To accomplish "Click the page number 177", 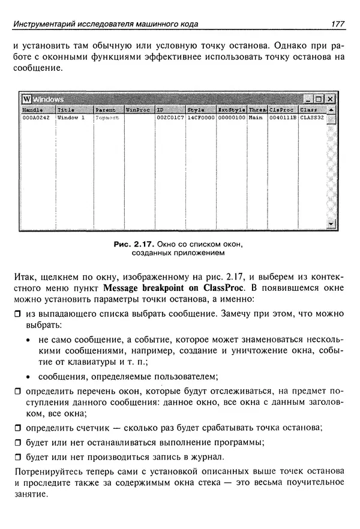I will pos(337,23).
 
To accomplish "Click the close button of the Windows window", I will pos(330,99).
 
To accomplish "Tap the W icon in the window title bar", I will pos(26,99).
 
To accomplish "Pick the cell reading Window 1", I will pos(70,118).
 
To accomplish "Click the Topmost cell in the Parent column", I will pos(107,118).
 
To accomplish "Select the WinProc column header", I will pos(137,110).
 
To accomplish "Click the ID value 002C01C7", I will pos(170,118).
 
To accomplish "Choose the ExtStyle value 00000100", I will pos(231,118).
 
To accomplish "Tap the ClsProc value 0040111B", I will pos(283,118).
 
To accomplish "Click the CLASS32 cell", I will pos(311,118).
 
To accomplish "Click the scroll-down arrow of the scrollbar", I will pos(330,224).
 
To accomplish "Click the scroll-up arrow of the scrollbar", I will pos(330,110).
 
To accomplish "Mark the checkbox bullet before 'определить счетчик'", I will pos(17,428).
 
